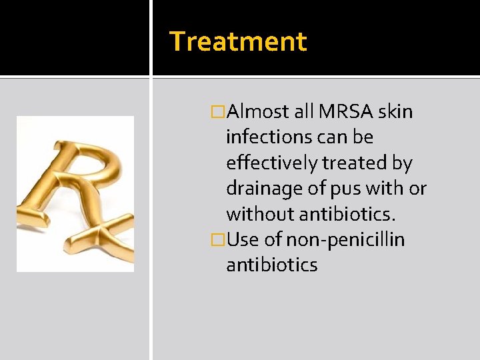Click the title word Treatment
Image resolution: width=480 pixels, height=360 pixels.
click(x=238, y=41)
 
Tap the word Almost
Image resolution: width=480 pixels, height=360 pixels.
click(x=257, y=111)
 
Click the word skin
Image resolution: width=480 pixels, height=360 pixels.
click(x=395, y=111)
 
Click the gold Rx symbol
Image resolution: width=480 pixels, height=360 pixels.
click(x=75, y=193)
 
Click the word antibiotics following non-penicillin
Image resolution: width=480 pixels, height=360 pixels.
click(x=271, y=265)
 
